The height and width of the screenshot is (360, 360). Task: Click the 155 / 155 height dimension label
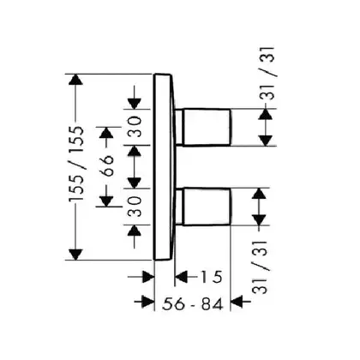coord(76,164)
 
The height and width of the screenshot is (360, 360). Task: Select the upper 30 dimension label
coord(135,126)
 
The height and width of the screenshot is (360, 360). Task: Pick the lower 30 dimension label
coord(135,207)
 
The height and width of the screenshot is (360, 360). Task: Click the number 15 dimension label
coord(211,277)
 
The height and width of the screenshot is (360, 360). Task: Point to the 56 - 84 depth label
coord(192,304)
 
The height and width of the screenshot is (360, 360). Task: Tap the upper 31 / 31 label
coord(267,73)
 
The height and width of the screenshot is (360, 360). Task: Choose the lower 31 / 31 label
coord(261,267)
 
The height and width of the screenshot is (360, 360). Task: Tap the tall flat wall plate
coord(163,167)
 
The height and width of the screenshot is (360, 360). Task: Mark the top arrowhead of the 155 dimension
coord(75,80)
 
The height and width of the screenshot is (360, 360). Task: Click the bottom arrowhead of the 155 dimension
coord(75,255)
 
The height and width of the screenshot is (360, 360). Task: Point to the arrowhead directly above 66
coord(106,133)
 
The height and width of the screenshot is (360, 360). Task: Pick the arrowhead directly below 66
coord(106,201)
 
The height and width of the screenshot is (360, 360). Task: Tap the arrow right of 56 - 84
coord(241,302)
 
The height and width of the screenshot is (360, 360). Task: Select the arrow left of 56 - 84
coord(144,302)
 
